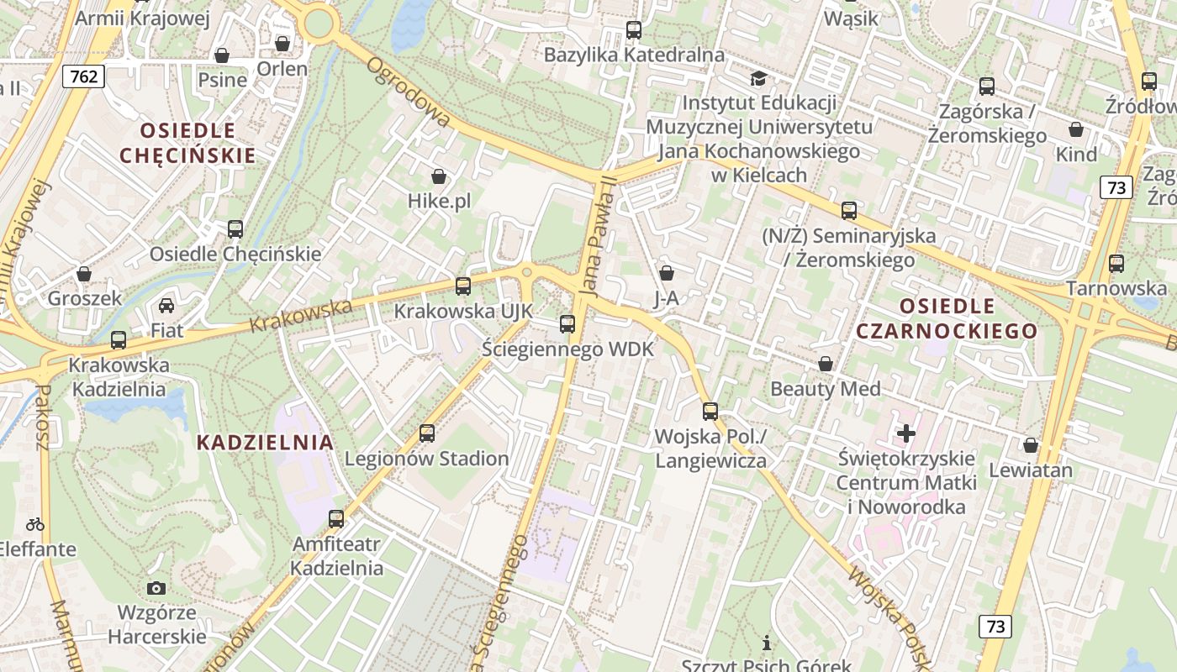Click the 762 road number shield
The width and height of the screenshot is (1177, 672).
(x=84, y=77)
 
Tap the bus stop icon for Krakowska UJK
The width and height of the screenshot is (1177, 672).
(x=463, y=286)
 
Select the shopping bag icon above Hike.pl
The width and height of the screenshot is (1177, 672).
(x=439, y=176)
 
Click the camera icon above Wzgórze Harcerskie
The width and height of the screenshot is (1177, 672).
(x=156, y=588)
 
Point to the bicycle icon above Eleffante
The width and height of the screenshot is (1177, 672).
(x=35, y=524)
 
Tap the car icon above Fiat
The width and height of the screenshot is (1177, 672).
(x=166, y=306)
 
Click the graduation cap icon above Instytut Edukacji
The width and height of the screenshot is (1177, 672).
(x=758, y=79)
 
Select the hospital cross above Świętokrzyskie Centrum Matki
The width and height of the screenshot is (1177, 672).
(x=906, y=433)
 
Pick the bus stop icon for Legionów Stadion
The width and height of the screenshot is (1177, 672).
(x=427, y=433)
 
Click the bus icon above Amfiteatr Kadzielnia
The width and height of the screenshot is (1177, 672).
(x=336, y=519)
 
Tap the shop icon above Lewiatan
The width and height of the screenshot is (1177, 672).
(x=1031, y=445)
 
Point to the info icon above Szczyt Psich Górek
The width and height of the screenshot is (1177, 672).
(x=767, y=643)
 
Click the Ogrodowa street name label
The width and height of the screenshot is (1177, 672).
(x=409, y=92)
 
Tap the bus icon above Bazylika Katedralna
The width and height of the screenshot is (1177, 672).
(x=634, y=30)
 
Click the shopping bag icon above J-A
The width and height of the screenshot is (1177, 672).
(x=667, y=273)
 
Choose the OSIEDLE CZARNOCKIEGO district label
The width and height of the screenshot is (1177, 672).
(x=947, y=318)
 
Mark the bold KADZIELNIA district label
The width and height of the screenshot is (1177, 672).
(x=265, y=442)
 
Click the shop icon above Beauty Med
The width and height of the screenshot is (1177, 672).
(x=826, y=364)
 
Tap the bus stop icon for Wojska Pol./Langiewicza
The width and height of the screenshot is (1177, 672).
(x=710, y=412)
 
